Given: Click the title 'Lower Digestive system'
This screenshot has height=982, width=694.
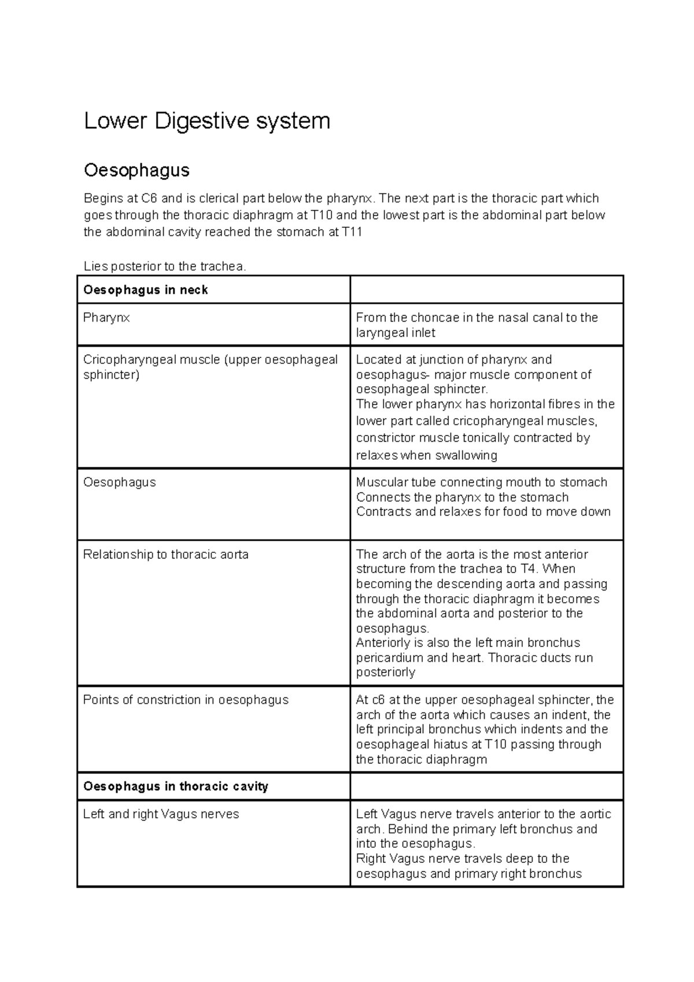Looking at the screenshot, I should (206, 121).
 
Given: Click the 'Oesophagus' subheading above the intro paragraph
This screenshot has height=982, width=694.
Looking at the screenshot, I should (136, 170).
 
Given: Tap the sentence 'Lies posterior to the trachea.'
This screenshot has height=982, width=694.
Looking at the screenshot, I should (165, 267).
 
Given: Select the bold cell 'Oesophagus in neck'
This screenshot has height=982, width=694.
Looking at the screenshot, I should (145, 290).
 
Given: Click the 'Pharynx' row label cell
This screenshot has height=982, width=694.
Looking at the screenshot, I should (106, 318).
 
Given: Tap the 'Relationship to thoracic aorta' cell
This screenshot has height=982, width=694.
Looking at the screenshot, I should (165, 555).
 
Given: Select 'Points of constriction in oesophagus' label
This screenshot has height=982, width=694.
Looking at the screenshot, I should (185, 700).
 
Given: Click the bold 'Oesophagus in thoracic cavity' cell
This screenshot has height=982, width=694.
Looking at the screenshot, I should (175, 787).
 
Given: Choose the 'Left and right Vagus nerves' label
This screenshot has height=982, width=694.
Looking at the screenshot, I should (161, 814).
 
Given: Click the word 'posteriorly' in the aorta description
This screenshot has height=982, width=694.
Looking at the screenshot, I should (385, 672).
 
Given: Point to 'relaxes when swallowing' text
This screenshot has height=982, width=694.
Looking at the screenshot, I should (426, 455).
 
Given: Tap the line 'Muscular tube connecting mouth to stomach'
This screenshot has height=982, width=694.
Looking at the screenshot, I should (481, 482).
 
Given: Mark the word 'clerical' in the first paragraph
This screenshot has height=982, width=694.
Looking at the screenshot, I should (219, 198).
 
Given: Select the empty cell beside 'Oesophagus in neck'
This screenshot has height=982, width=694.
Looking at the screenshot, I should (486, 290).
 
